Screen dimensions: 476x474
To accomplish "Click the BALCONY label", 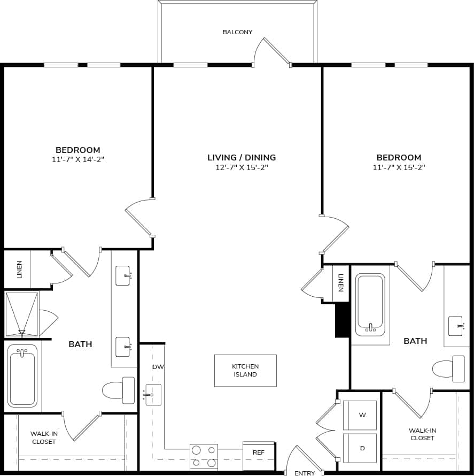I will point(237,33).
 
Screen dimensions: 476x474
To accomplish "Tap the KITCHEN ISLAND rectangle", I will point(245,370).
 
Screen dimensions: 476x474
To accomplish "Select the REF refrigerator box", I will point(259,452).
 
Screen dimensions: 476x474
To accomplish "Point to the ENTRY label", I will point(305,473).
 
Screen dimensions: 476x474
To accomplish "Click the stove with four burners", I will point(204,457).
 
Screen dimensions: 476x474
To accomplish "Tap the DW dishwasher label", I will point(158,367).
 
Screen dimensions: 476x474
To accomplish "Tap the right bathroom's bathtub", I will point(370,304).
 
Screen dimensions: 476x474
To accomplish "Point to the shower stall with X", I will point(22,313).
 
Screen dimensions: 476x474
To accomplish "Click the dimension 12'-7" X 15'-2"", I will point(242,167).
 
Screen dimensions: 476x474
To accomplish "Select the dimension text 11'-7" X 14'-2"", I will point(78,159).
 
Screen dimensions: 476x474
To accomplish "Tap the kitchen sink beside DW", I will point(153,395).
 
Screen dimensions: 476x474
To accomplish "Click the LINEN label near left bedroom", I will point(20,269).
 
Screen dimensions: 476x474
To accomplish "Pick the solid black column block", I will point(343,320).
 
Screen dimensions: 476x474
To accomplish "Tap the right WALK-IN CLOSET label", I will point(422,434).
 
